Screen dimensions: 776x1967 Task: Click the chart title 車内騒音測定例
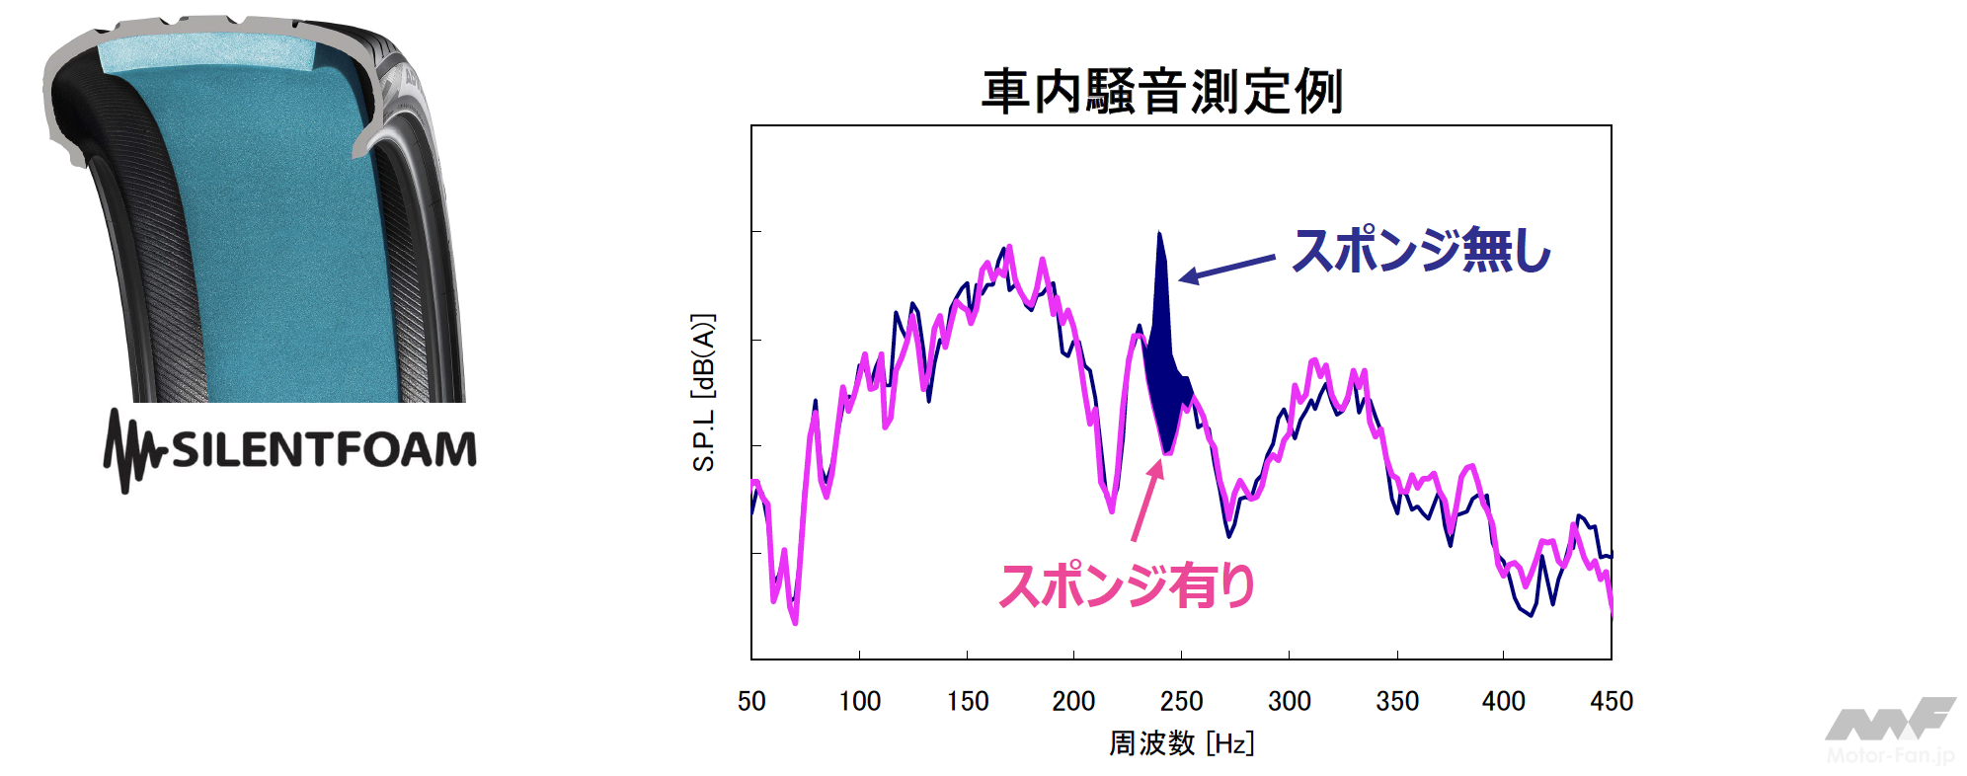pos(1161,92)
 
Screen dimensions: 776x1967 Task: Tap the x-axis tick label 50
pos(751,701)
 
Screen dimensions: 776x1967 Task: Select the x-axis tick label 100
pos(859,701)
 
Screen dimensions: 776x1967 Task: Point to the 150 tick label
pos(967,701)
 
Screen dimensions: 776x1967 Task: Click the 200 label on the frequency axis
pos(1073,701)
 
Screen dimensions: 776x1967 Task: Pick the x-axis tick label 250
pos(1181,701)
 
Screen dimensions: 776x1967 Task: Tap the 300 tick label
pos(1289,701)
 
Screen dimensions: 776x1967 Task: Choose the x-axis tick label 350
pos(1396,701)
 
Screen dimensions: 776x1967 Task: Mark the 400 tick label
pos(1503,701)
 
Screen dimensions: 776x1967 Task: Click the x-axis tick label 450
pos(1611,701)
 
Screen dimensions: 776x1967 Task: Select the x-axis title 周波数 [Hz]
pos(1181,743)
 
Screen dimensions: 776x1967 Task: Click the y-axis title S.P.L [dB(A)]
pos(703,392)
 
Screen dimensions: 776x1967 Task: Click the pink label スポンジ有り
pos(1127,585)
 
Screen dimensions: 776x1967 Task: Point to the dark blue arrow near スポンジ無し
pos(1227,268)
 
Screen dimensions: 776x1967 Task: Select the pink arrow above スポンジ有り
pos(1147,501)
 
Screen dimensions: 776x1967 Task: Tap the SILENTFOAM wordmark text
pos(324,449)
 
